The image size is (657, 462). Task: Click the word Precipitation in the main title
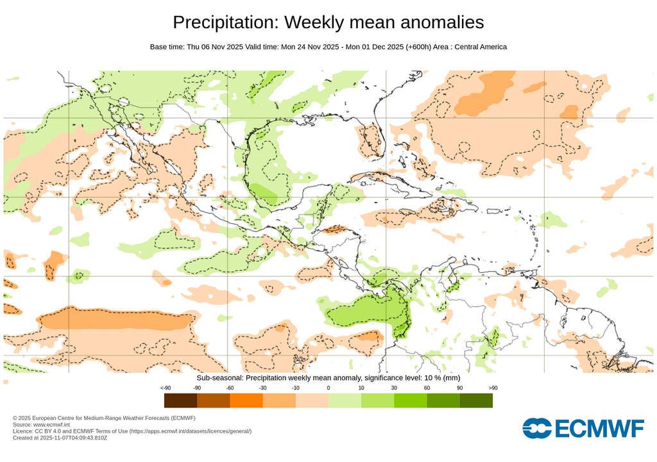tap(226, 22)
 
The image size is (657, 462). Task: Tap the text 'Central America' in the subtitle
tap(481, 47)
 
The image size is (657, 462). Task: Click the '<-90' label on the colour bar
tap(165, 388)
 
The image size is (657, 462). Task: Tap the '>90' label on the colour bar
tap(493, 388)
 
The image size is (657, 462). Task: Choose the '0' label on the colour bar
tap(328, 388)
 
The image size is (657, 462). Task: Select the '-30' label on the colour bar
tap(263, 388)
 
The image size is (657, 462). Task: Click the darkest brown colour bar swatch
tap(180, 400)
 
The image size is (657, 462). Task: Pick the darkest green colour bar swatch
tap(476, 400)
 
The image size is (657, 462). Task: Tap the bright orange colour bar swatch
tap(246, 400)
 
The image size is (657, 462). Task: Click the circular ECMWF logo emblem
tap(537, 429)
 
